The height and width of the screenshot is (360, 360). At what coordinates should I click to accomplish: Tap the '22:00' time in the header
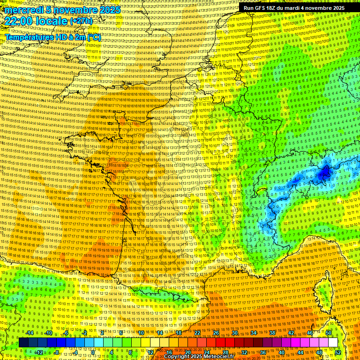pyautogui.click(x=18, y=21)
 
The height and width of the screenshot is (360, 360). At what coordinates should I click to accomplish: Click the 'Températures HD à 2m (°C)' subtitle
pyautogui.click(x=52, y=37)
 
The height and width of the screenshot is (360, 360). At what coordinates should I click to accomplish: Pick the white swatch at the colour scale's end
pyautogui.click(x=333, y=343)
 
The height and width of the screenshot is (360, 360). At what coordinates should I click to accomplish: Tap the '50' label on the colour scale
pyautogui.click(x=328, y=333)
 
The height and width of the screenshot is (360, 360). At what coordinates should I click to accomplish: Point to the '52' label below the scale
pyautogui.click(x=337, y=352)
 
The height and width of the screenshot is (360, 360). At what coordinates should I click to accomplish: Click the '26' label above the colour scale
pyautogui.click(x=216, y=333)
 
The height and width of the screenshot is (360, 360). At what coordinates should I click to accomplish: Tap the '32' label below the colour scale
pyautogui.click(x=244, y=352)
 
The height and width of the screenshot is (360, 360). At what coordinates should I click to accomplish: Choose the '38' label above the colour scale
pyautogui.click(x=272, y=333)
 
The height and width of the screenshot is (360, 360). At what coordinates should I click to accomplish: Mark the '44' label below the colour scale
pyautogui.click(x=300, y=352)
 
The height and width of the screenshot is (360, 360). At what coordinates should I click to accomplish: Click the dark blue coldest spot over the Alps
pyautogui.click(x=323, y=174)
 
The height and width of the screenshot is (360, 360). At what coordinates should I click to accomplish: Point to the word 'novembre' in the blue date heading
pyautogui.click(x=72, y=10)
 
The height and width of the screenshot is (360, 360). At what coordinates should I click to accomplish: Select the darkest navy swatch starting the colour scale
pyautogui.click(x=23, y=343)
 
